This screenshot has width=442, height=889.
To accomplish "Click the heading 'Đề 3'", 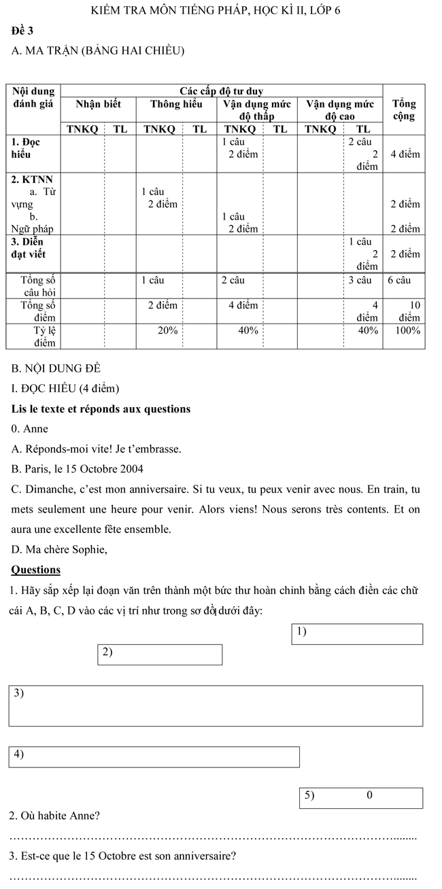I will coord(22,31).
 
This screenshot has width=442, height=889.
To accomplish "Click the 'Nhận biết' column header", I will coord(98,104).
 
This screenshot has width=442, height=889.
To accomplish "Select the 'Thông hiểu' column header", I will coord(176,104).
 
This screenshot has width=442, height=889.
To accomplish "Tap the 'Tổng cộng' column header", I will coord(404,109).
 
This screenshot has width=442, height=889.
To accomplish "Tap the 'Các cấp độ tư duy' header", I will coord(221,91).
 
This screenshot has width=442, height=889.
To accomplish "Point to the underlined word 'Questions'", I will coord(36,570).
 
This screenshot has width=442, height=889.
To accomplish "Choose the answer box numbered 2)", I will coord(160,654).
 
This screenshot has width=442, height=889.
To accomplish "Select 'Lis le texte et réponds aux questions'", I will coord(101,408).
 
